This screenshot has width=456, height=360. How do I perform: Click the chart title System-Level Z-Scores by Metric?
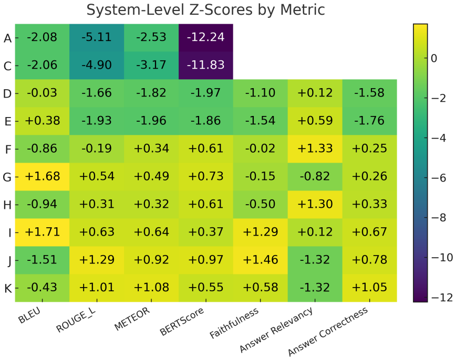(x=205, y=9)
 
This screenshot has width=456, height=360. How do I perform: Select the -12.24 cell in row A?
(x=206, y=37)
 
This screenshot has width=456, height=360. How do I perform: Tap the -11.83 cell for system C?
(x=206, y=65)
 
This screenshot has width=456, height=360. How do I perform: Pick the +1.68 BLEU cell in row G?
(x=43, y=177)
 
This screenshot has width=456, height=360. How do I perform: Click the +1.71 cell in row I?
(x=43, y=232)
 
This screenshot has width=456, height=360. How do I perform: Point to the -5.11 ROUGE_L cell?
(x=97, y=37)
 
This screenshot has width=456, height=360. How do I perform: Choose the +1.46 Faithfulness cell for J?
(x=261, y=260)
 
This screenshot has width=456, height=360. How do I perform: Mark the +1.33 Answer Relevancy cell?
(x=315, y=149)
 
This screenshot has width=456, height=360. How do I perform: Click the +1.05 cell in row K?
(x=370, y=288)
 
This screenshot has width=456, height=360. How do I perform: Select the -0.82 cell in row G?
(x=315, y=177)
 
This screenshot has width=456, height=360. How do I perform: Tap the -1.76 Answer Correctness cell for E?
(x=370, y=121)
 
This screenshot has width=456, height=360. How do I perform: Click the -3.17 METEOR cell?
(x=151, y=65)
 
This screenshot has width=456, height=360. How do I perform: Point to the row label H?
(x=7, y=205)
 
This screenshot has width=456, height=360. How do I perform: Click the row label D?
(x=7, y=94)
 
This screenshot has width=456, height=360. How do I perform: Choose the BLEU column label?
(x=29, y=315)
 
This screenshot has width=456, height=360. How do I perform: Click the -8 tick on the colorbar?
(x=439, y=218)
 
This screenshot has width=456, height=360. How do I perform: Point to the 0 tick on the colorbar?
(x=434, y=58)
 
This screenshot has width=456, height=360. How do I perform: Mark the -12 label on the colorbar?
(x=442, y=297)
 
